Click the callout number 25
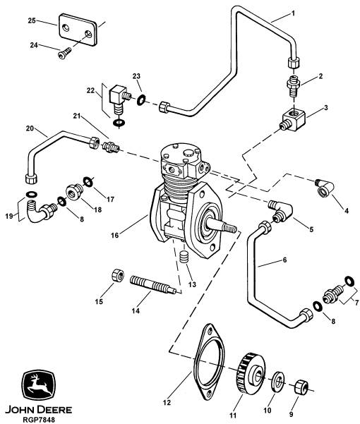(32, 20)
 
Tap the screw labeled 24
(64, 53)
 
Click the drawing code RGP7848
(39, 420)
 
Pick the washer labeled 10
(277, 381)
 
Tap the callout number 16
(114, 235)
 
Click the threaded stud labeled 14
(153, 284)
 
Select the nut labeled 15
(118, 276)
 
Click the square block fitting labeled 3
(293, 119)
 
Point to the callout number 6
(284, 260)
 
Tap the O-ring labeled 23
(141, 100)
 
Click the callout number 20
(30, 128)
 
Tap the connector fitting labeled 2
(294, 85)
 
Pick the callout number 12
(167, 403)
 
